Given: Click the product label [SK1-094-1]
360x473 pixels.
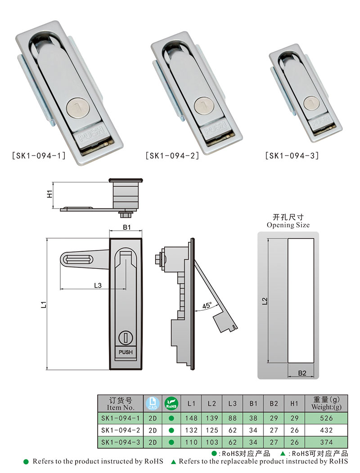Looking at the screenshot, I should coord(38,156).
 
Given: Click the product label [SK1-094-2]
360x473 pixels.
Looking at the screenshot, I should coord(173,156).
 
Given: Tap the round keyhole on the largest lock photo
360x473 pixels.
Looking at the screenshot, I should coord(75,108).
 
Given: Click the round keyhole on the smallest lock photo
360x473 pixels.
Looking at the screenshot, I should coord(311,103).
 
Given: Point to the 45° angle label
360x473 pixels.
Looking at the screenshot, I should coord(207,306).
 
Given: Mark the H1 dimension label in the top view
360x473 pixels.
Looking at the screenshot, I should coord(50,194).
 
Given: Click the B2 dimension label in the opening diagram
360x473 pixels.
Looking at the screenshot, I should coord(302,373).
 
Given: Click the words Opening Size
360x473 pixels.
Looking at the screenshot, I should coord(288,225).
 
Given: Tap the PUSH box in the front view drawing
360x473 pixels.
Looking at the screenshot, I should coord(126,352).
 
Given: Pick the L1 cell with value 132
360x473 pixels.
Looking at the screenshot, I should coord(191,430).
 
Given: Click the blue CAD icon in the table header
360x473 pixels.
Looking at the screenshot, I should coord(152,403).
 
